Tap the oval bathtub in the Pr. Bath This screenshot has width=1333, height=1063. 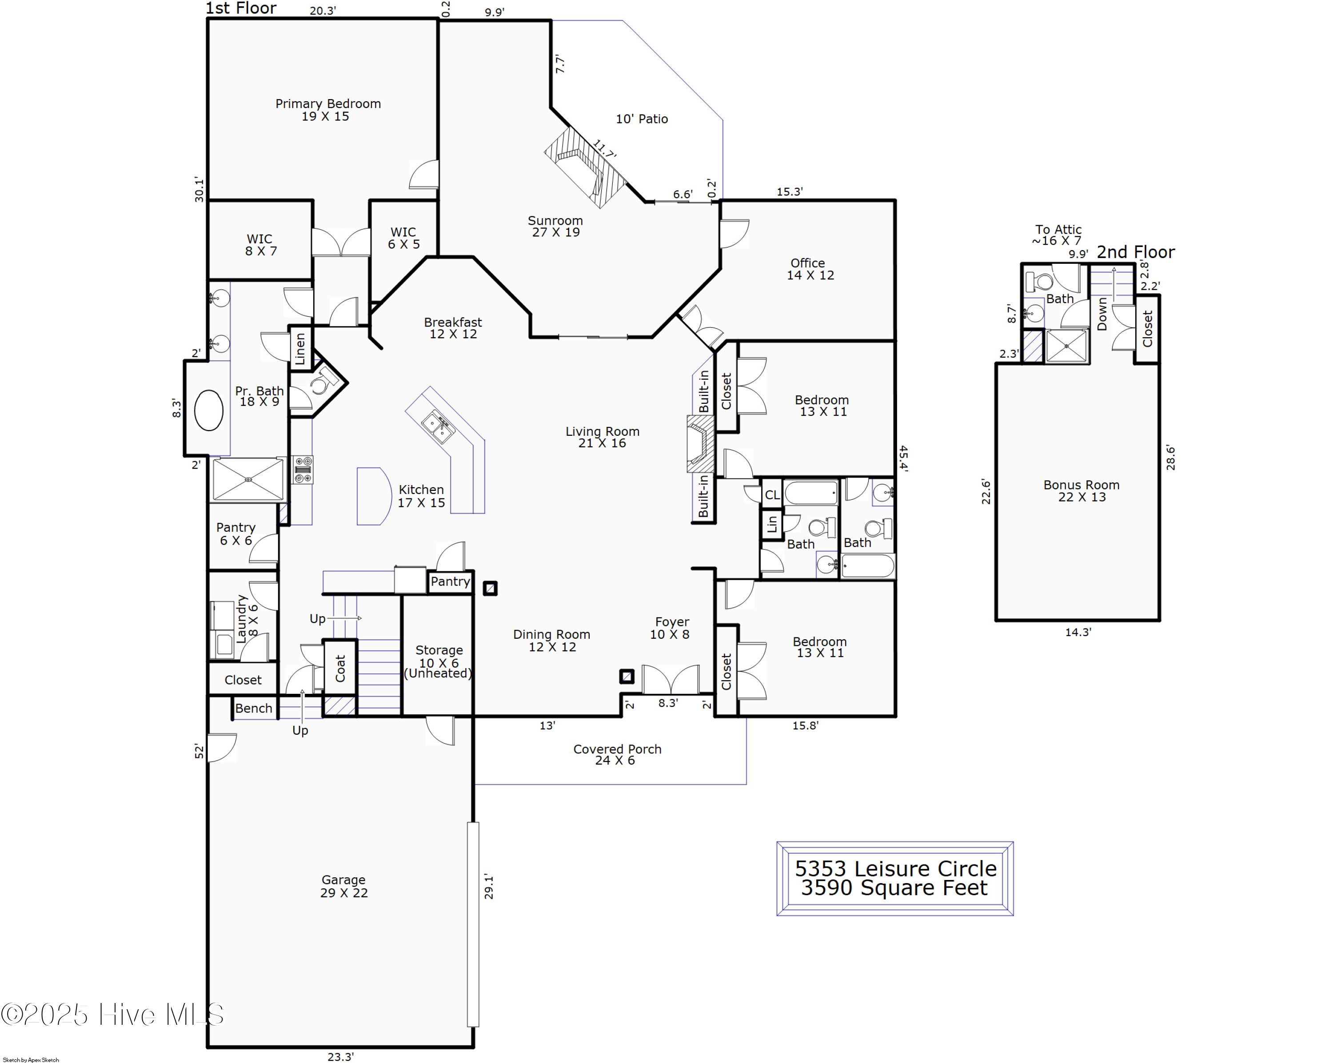(209, 410)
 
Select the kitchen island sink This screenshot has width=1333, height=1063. (438, 426)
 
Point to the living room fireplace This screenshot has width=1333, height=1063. (701, 443)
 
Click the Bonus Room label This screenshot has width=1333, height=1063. (1082, 491)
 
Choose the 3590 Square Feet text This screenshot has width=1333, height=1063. (894, 888)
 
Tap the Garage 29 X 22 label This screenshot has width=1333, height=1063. (344, 886)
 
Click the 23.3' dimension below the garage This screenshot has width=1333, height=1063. (341, 1056)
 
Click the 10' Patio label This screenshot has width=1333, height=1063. (642, 119)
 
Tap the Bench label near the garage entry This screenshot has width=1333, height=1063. (254, 708)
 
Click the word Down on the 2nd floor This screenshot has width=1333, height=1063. (1102, 314)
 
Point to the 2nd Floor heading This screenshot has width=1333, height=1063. (1136, 252)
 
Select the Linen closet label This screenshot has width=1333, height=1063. (300, 349)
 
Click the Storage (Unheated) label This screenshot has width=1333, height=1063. (439, 661)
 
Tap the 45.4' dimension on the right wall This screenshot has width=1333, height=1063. (903, 458)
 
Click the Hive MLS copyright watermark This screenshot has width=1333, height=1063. (112, 1014)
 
